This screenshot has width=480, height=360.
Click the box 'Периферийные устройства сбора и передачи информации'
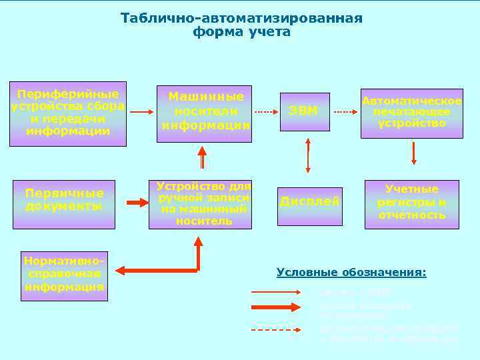(69, 113)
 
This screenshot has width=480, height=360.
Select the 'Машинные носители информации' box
(204, 113)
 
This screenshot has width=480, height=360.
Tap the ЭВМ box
(304, 111)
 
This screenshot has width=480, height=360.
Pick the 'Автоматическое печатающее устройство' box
(411, 113)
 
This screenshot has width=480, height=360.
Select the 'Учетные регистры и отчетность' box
(411, 203)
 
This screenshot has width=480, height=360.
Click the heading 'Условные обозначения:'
(351, 273)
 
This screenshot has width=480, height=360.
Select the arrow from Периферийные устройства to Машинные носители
(141, 113)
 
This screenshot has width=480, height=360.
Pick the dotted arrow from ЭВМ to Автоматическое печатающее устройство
(345, 112)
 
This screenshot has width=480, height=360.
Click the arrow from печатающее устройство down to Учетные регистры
(414, 153)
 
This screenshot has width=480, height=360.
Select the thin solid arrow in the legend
(275, 292)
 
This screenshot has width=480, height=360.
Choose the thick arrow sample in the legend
(275, 307)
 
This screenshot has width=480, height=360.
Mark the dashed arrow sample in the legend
(275, 329)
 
